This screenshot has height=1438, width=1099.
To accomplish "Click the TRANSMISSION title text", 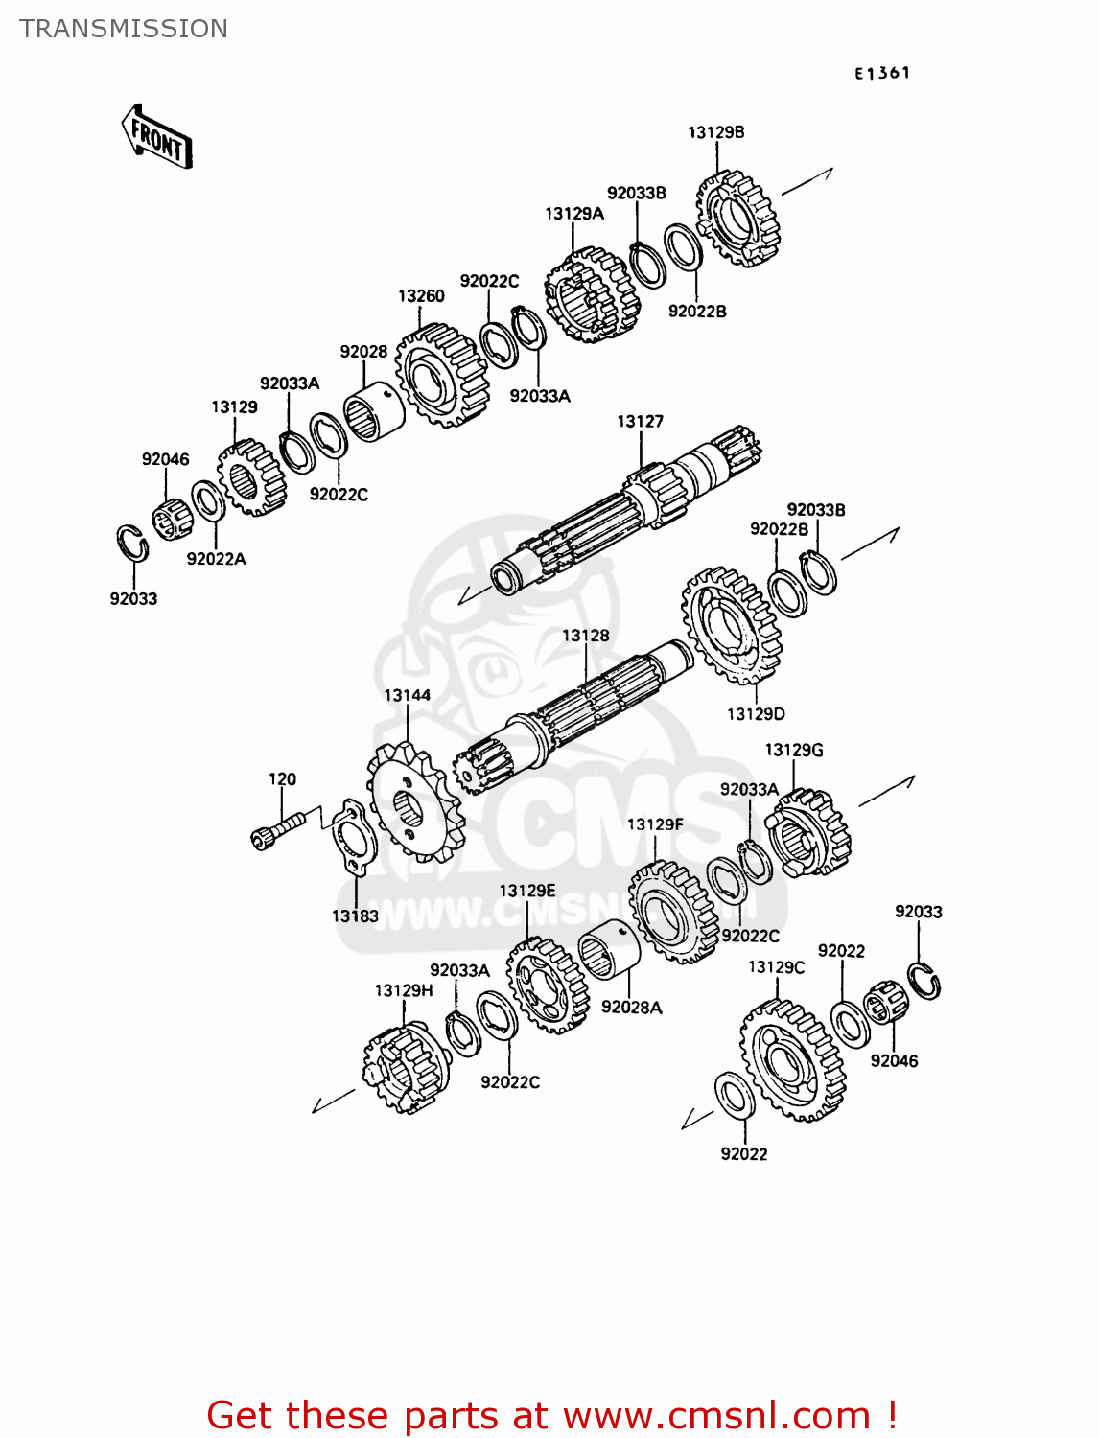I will click(x=124, y=29).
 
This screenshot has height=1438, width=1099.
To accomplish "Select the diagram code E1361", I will click(x=882, y=73).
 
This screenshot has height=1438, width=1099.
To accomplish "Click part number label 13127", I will click(x=640, y=421).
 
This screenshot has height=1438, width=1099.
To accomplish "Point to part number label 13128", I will click(x=585, y=636).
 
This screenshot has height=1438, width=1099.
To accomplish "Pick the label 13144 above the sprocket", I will click(x=407, y=695).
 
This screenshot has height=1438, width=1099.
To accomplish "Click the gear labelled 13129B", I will click(x=737, y=220).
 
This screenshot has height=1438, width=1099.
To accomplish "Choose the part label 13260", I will click(x=421, y=296).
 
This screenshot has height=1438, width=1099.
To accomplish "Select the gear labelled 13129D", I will click(x=732, y=624).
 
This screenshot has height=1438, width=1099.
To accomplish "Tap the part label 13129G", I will click(x=793, y=750).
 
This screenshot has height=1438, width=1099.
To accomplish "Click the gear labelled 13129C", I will click(x=793, y=1059).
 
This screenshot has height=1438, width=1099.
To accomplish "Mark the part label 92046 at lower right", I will click(x=894, y=1061).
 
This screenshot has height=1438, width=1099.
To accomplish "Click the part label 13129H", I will click(x=403, y=990).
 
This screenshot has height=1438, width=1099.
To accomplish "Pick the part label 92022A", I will click(x=216, y=559).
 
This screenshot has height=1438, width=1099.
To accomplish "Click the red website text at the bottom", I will click(x=551, y=1415).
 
